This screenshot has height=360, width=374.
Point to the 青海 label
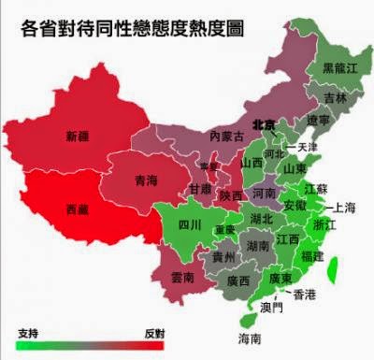pos(145,180)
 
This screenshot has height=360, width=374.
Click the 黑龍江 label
pos(338,68)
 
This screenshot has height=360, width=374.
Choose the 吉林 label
pos(336,98)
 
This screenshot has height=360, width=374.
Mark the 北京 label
pos(265,124)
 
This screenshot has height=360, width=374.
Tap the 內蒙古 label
pos(226,137)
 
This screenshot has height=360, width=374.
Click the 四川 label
pos(190,224)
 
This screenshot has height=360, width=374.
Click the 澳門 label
pos(273,306)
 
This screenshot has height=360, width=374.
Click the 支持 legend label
pos(27,333)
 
